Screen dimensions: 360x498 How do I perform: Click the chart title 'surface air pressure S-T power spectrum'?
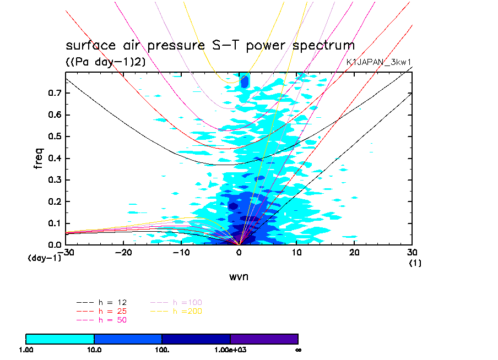coord(210,45)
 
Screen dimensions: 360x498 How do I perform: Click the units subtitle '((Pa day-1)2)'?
coord(105,62)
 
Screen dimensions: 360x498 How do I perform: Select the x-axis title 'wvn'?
coord(239,276)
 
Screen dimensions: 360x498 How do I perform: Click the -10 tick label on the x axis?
coord(181,252)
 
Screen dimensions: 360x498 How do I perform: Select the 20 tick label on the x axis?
coord(354,252)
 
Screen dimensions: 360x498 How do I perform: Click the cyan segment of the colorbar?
coord(60,339)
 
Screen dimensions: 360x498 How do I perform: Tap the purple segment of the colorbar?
coord(264,339)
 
